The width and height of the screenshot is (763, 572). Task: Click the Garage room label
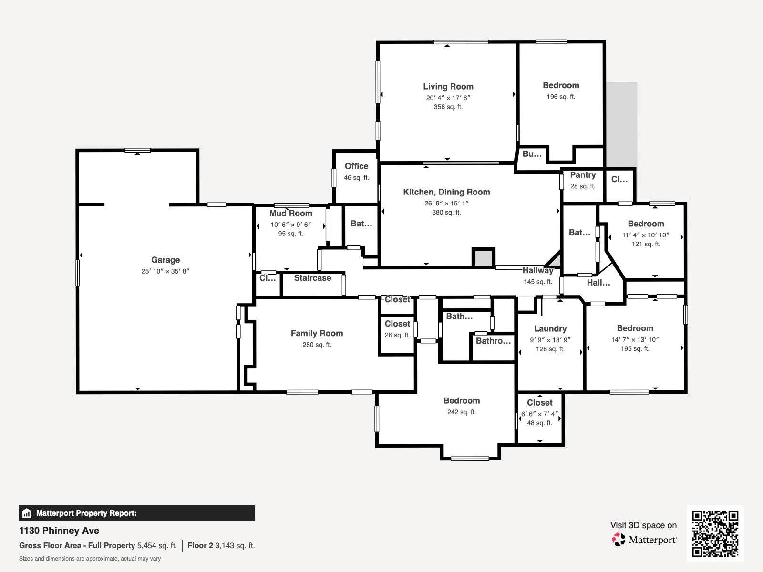tap(165, 260)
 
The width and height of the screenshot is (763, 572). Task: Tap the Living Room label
tap(448, 86)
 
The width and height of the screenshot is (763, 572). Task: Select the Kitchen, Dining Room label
tap(446, 192)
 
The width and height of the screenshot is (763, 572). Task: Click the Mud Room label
tap(290, 213)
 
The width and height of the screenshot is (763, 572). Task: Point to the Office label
tap(356, 166)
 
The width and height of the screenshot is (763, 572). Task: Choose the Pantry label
tap(583, 175)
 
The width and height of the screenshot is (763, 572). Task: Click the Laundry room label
tap(550, 328)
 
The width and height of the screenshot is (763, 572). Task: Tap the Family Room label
tap(317, 333)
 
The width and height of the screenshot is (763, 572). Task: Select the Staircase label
tap(312, 278)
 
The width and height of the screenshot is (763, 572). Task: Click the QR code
tap(715, 533)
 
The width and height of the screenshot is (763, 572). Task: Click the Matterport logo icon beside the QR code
tap(619, 540)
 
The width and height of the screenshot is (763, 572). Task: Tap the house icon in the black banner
tap(27, 513)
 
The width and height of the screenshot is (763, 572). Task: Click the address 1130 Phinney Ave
tap(59, 531)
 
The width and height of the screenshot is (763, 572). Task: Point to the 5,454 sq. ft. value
tap(157, 546)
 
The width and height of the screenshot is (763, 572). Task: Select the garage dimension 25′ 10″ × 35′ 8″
tap(165, 271)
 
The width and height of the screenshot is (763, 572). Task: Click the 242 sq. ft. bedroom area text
tap(462, 412)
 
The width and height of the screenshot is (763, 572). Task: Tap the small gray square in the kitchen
tap(483, 258)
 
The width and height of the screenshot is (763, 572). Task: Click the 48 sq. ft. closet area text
tap(539, 423)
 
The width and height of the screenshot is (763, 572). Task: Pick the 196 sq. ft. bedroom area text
tap(561, 97)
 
